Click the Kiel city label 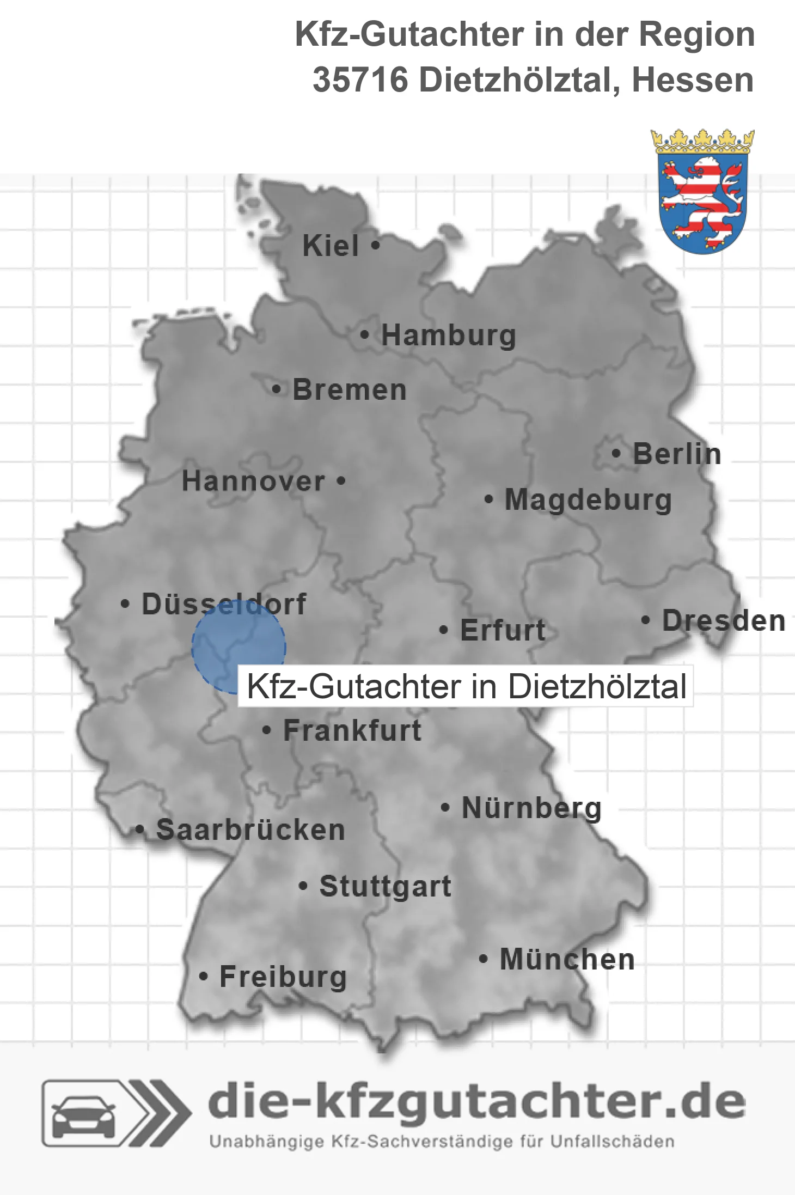331,246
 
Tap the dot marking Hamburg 365,335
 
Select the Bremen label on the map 350,390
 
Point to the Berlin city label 677,454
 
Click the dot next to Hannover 341,481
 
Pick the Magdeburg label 588,500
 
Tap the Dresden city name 724,621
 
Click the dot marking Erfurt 444,630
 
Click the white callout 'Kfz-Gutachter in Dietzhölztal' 466,686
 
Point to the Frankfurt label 352,730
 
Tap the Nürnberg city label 531,808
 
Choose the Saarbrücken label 250,830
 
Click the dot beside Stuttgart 303,886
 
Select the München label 567,960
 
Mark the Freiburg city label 283,977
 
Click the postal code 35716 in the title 360,80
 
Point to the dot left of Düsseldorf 125,604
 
